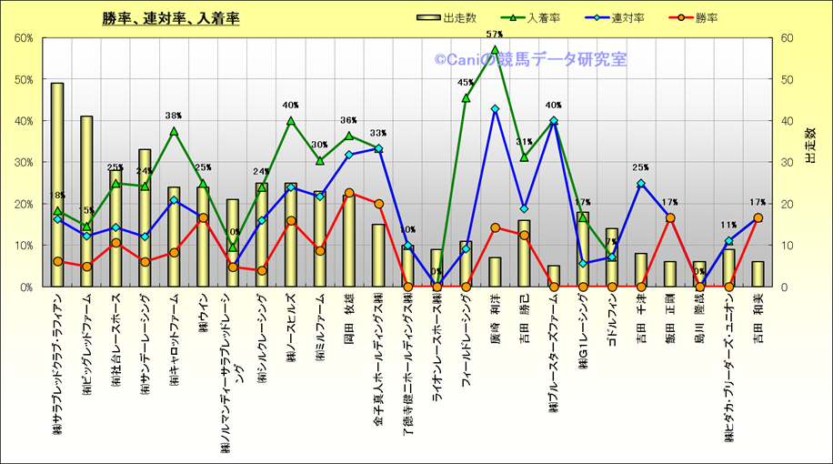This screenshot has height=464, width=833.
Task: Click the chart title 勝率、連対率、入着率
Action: pos(171,18)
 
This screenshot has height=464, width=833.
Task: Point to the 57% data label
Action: pos(495,35)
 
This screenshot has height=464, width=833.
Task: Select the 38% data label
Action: pos(174,116)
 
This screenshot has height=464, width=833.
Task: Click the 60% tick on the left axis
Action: pos(23,38)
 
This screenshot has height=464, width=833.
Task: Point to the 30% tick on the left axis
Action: pos(23,162)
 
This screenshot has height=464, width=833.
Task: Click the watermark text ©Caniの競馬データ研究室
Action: pos(530,60)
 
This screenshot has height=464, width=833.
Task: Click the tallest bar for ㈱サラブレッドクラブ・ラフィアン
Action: pos(57,182)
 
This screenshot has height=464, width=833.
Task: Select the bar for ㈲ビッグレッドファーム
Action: pos(86,200)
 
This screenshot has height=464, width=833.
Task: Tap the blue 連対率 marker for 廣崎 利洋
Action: pos(495,109)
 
